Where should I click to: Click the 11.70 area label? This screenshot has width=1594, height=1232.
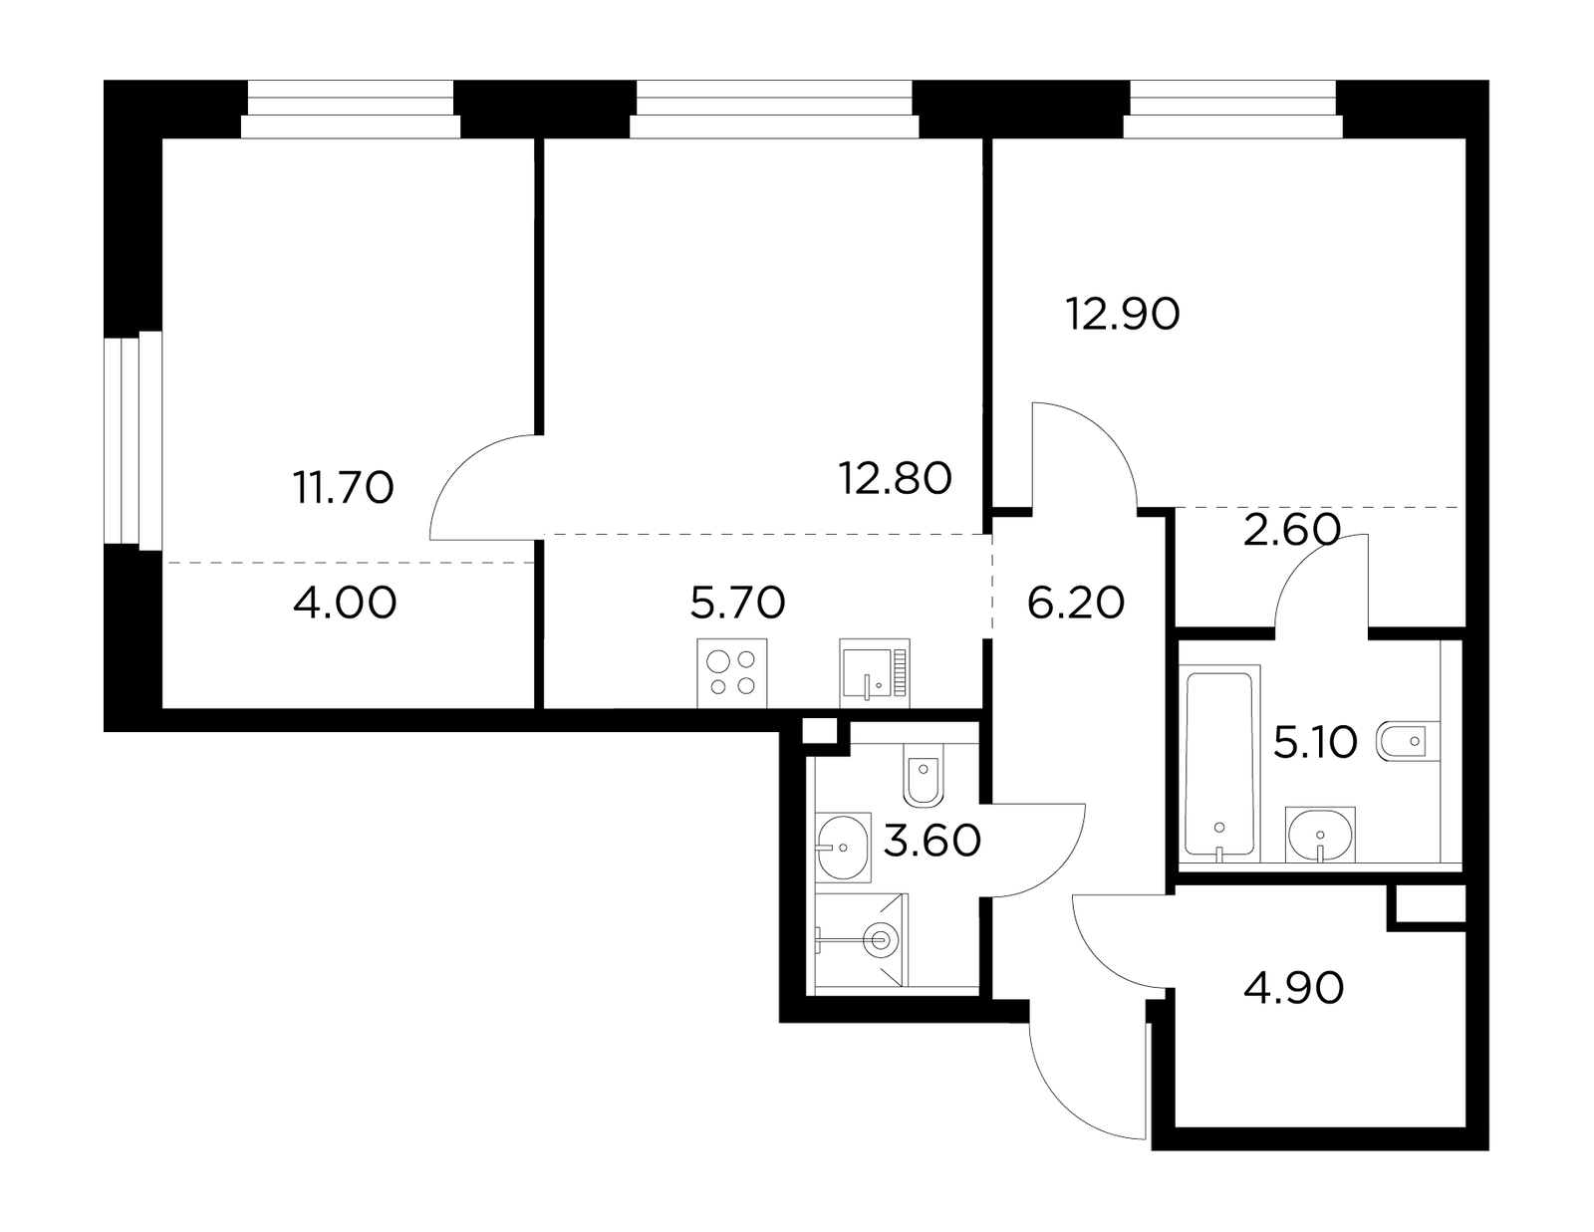click(x=344, y=488)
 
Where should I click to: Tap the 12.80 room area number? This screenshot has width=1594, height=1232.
click(x=895, y=478)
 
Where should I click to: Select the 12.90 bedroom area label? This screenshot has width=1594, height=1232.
click(x=1123, y=314)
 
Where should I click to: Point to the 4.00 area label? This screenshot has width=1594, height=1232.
click(x=344, y=603)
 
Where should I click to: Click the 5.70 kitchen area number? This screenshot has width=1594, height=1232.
click(x=738, y=603)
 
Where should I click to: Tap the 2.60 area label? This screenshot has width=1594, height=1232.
click(x=1292, y=530)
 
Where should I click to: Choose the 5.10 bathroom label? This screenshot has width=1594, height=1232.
click(x=1315, y=742)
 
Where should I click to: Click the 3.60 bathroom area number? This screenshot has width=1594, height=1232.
click(x=931, y=841)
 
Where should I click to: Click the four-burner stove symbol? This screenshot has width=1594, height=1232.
click(x=731, y=673)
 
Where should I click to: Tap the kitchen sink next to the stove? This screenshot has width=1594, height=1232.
click(x=875, y=673)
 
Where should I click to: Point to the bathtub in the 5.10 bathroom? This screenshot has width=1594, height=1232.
click(x=1219, y=763)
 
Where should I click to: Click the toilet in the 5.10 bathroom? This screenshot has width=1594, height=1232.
click(x=1409, y=742)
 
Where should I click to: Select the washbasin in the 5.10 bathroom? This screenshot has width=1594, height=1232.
click(x=1320, y=835)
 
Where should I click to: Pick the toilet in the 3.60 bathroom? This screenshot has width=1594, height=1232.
click(x=924, y=775)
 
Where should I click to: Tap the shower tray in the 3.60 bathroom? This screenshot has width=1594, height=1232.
click(x=861, y=940)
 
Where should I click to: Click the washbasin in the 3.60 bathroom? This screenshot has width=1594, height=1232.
click(x=843, y=847)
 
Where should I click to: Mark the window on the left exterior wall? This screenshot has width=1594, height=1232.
click(x=133, y=440)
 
